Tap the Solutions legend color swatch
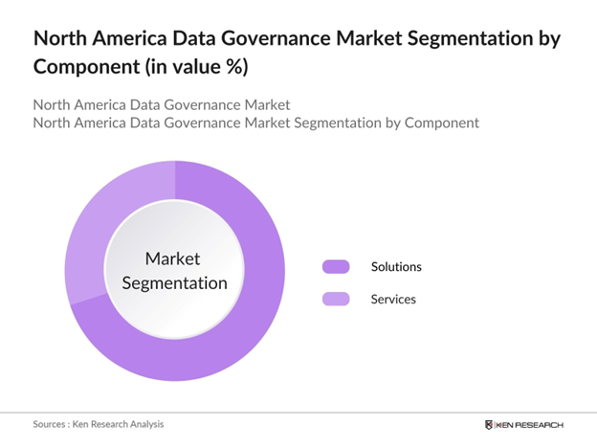[336, 267]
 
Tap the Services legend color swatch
[336, 300]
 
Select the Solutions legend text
[396, 267]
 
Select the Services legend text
[393, 300]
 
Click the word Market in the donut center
[173, 258]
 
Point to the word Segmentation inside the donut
[173, 282]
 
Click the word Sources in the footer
[53, 424]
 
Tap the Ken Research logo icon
[490, 424]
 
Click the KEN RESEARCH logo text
[532, 424]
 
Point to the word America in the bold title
[132, 40]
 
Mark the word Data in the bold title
[197, 40]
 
